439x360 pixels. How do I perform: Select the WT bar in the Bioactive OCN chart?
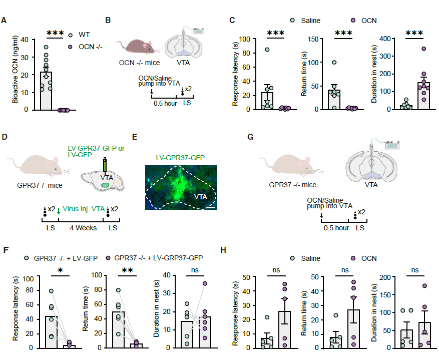point(46,91)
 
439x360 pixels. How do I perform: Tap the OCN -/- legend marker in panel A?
point(71,47)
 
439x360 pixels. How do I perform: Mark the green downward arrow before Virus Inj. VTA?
point(59,211)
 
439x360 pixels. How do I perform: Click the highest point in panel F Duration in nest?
point(204,283)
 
